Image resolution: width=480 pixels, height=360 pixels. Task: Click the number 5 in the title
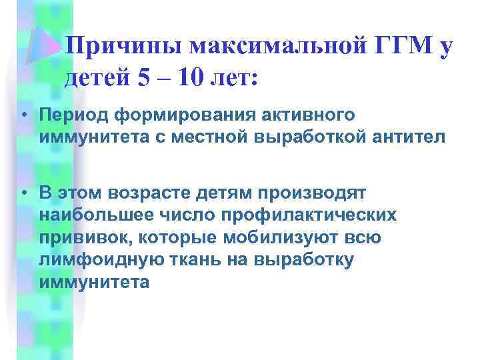click(143, 79)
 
